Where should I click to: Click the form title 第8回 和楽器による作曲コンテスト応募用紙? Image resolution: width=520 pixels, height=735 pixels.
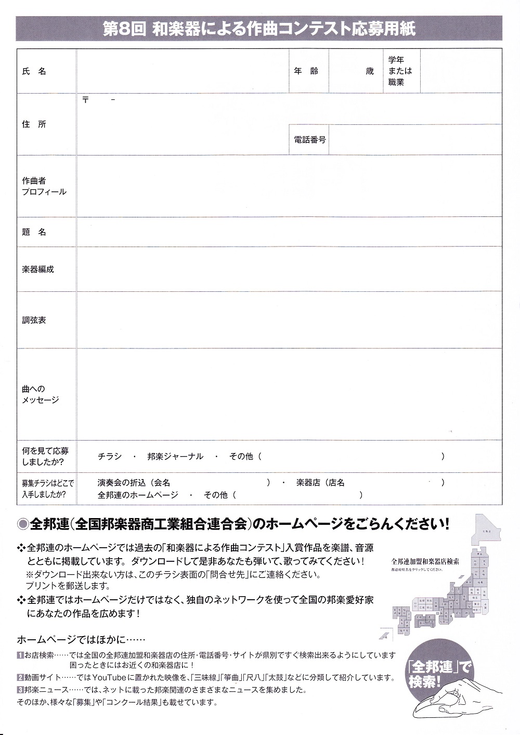259,29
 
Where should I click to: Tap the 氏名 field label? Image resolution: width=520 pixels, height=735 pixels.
34,71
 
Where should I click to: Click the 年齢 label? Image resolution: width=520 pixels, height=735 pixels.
306,71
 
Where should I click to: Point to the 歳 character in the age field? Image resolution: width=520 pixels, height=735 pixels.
370,71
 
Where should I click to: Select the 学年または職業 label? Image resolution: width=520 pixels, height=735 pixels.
400,71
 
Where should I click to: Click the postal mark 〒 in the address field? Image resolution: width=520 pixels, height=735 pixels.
85,100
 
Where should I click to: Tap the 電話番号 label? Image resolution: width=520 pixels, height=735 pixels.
309,140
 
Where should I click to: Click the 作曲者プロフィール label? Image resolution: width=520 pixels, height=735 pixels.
44,186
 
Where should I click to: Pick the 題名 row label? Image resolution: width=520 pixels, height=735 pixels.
34,232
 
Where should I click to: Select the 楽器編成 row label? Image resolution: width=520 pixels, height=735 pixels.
38,269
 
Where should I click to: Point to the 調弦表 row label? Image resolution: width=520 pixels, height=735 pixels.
34,320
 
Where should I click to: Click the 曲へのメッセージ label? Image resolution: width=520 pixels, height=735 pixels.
40,394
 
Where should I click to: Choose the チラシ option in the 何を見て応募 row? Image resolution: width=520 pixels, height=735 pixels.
110,456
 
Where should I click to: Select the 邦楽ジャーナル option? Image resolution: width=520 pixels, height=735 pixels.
175,456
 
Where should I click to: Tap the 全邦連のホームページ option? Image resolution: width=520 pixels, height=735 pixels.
138,495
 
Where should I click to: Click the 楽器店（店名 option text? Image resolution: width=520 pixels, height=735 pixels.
320,483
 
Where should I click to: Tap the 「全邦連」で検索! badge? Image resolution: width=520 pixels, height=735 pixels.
439,674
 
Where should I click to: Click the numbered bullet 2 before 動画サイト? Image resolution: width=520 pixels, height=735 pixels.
20,678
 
